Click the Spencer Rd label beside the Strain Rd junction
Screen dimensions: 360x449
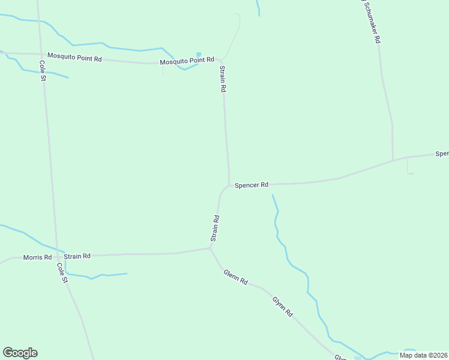(x=251, y=185)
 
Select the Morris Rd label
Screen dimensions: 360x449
(x=37, y=257)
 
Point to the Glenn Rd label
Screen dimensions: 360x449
(x=235, y=277)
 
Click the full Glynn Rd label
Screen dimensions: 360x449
(x=282, y=306)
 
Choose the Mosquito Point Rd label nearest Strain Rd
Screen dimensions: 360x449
(x=187, y=61)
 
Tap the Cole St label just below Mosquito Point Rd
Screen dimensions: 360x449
(x=43, y=71)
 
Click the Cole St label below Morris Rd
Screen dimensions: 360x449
(x=62, y=273)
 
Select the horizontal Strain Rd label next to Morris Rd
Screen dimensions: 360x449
(x=77, y=256)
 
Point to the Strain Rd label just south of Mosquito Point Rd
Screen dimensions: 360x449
(x=222, y=79)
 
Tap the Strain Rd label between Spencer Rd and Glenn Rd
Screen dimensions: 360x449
(x=215, y=229)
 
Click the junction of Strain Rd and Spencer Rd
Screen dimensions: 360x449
(x=229, y=185)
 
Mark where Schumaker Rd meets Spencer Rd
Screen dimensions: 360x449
(x=393, y=160)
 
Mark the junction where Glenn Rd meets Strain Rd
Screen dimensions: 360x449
(x=209, y=247)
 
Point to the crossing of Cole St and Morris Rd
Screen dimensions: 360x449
(x=57, y=256)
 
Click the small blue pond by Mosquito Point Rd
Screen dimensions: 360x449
(x=199, y=55)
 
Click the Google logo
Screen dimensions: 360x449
(x=20, y=353)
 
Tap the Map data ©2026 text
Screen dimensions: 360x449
(x=424, y=355)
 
